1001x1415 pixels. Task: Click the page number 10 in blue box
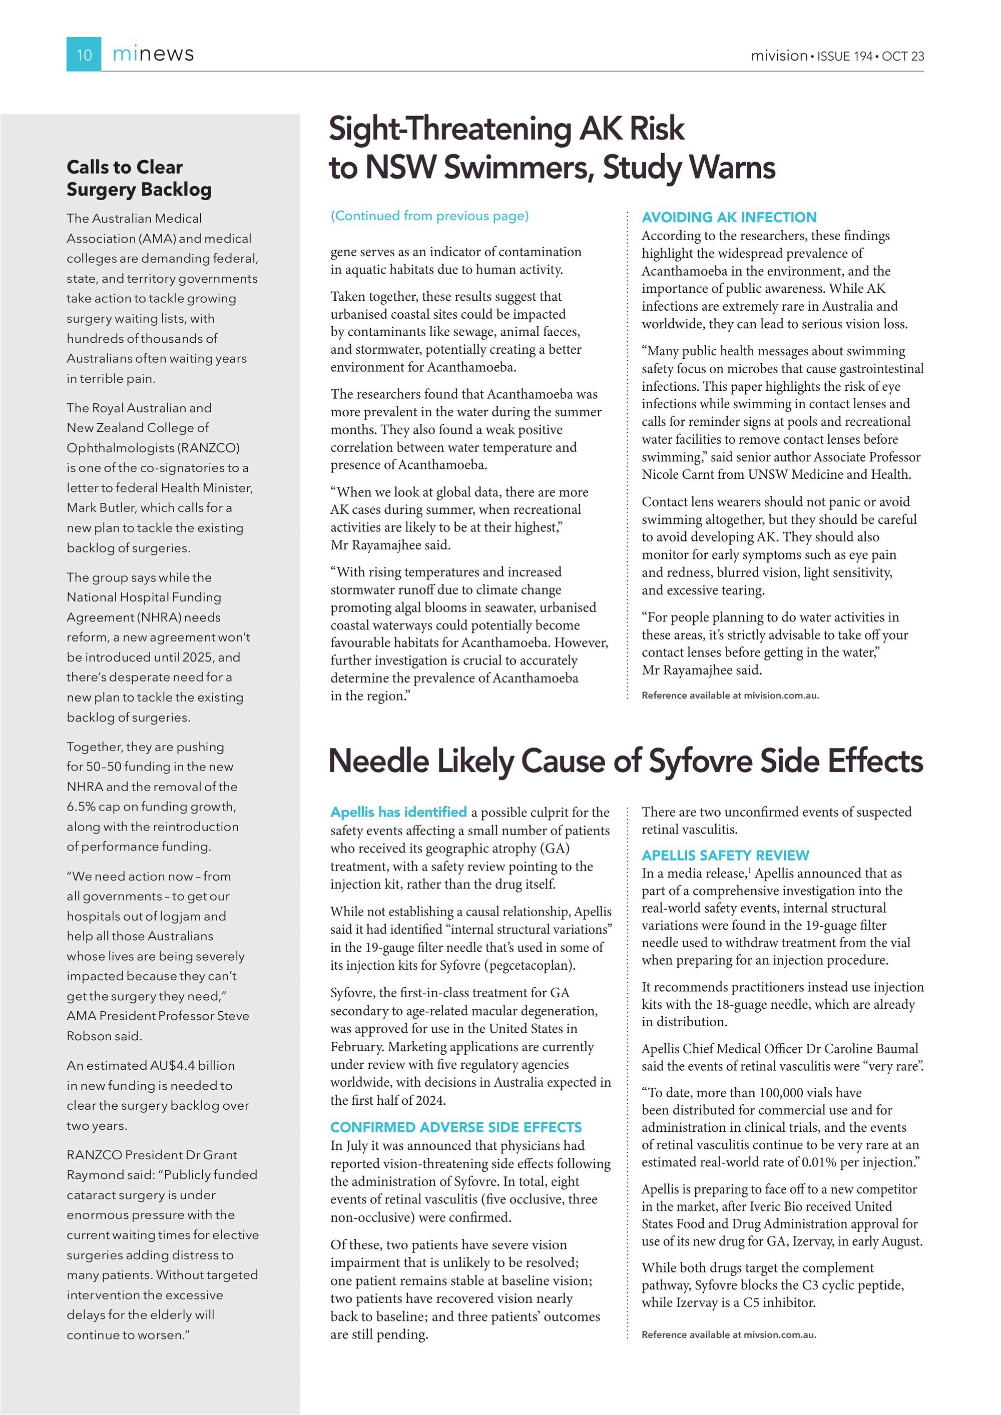point(84,55)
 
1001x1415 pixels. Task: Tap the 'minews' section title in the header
point(153,54)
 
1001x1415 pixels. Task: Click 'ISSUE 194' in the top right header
point(844,56)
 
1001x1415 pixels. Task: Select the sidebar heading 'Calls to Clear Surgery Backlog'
point(139,178)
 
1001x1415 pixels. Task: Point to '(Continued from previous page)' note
point(429,216)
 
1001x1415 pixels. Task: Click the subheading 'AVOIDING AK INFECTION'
point(729,217)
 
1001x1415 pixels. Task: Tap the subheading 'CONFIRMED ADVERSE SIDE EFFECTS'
point(455,1127)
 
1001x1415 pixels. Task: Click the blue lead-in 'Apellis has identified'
point(398,812)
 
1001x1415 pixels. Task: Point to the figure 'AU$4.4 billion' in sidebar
point(192,1066)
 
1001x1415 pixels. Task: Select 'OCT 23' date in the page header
point(902,56)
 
